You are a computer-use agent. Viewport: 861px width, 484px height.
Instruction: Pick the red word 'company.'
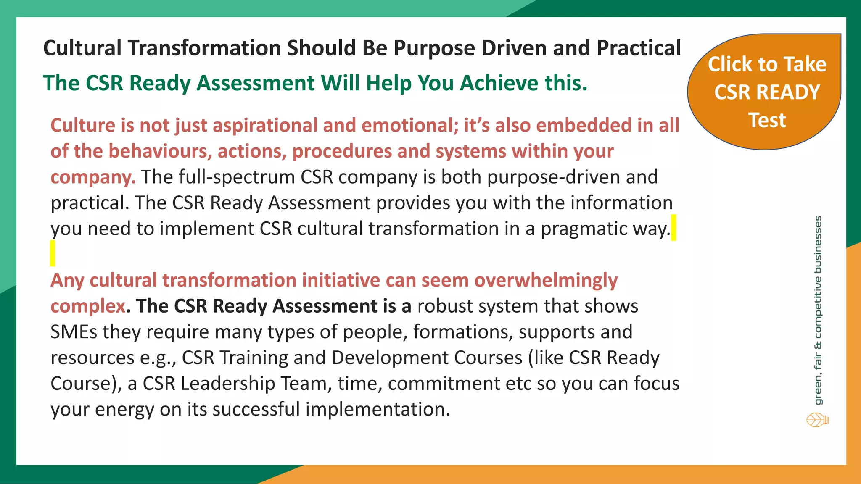(92, 177)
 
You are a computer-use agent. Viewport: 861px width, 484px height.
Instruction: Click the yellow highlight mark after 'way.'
(673, 227)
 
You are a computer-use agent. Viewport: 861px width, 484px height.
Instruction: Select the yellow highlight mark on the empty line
(53, 253)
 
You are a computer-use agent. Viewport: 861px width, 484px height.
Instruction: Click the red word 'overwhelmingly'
(546, 280)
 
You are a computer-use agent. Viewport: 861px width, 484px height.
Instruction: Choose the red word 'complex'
(87, 306)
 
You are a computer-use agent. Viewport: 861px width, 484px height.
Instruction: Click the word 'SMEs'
(74, 332)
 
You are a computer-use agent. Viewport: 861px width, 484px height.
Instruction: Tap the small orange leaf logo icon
(817, 420)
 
